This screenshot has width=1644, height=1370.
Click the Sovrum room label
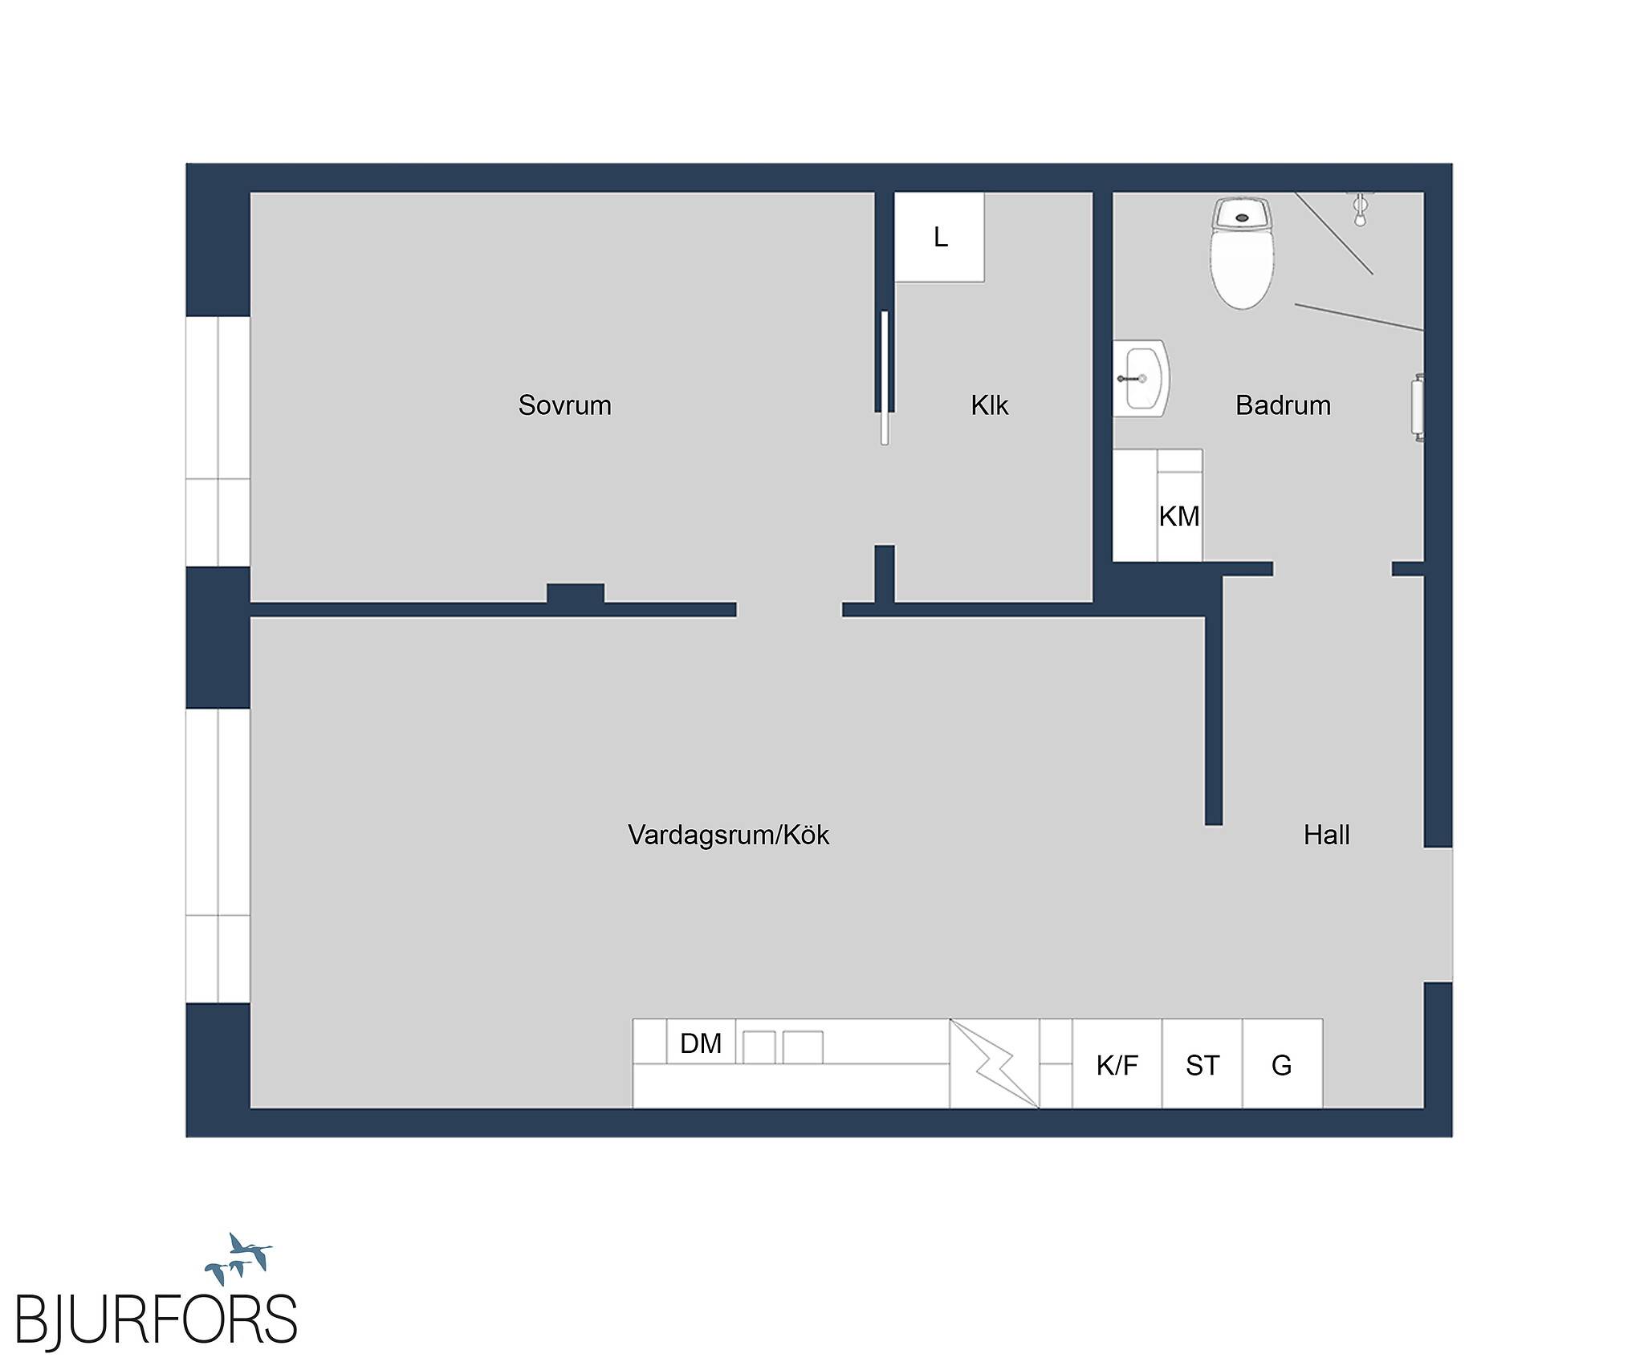pyautogui.click(x=564, y=405)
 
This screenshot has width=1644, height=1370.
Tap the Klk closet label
pyautogui.click(x=989, y=405)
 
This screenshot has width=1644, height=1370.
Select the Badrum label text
pyautogui.click(x=1283, y=405)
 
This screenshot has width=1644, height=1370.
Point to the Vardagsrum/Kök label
pyautogui.click(x=728, y=835)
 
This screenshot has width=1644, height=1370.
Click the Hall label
pyautogui.click(x=1326, y=835)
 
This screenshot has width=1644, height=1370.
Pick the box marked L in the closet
pyautogui.click(x=939, y=237)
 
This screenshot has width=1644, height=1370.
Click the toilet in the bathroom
pyautogui.click(x=1242, y=254)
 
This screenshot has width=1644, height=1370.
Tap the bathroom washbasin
pyautogui.click(x=1141, y=378)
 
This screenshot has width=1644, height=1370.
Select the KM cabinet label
pyautogui.click(x=1179, y=516)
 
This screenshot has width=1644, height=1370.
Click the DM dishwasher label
pyautogui.click(x=701, y=1043)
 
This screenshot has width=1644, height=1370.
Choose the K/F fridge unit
pyautogui.click(x=1117, y=1064)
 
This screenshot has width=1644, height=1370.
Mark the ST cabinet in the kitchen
pyautogui.click(x=1202, y=1064)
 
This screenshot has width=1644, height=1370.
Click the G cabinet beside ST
pyautogui.click(x=1283, y=1064)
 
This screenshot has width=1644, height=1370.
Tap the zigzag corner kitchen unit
pyautogui.click(x=995, y=1064)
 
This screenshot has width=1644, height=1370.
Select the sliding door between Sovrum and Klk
pyautogui.click(x=885, y=377)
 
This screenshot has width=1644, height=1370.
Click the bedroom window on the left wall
pyautogui.click(x=218, y=441)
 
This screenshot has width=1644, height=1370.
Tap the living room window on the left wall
pyautogui.click(x=218, y=856)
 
